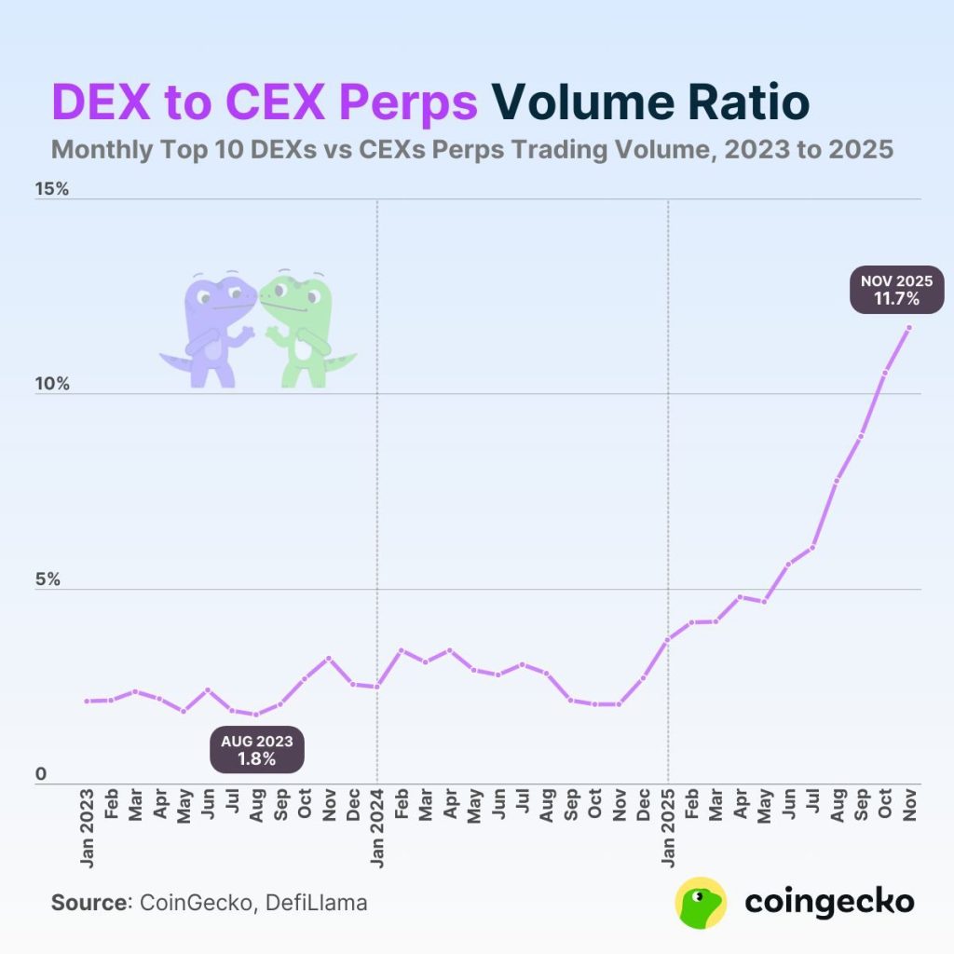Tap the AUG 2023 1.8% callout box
pos(256,750)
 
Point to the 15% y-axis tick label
pos(52,189)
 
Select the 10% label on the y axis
pos(52,384)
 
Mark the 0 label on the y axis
pos(39,774)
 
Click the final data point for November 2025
pos(909,327)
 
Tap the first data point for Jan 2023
pos(87,701)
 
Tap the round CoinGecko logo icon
pos(701,902)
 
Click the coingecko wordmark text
pos(829,902)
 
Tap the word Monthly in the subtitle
pos(97,149)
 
